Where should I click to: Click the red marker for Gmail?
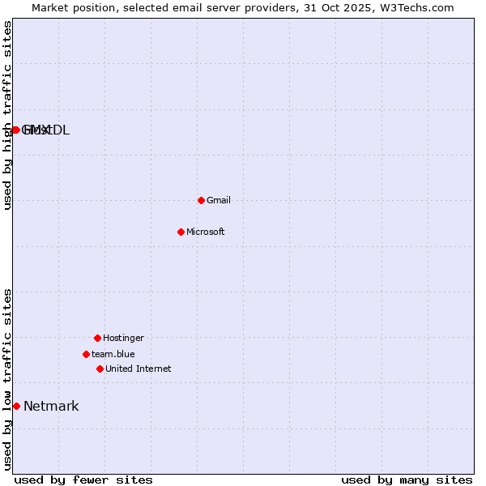pyautogui.click(x=201, y=200)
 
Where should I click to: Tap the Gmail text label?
pyautogui.click(x=219, y=201)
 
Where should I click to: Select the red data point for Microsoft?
pyautogui.click(x=181, y=232)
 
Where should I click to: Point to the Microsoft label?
pyautogui.click(x=206, y=232)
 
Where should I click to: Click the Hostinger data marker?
pyautogui.click(x=97, y=338)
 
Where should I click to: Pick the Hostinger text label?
pyautogui.click(x=123, y=338)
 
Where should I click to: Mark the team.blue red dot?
pyautogui.click(x=86, y=354)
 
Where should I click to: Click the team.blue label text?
pyautogui.click(x=113, y=354)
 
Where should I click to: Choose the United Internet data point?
pyautogui.click(x=100, y=369)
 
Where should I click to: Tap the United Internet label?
pyautogui.click(x=139, y=369)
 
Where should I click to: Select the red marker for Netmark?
pyautogui.click(x=16, y=406)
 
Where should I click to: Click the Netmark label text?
pyautogui.click(x=51, y=407)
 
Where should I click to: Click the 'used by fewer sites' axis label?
pyautogui.click(x=83, y=480)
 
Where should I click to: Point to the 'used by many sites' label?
pyautogui.click(x=407, y=480)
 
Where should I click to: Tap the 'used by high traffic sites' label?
pyautogui.click(x=7, y=116)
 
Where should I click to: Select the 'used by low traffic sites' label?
pyautogui.click(x=7, y=379)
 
